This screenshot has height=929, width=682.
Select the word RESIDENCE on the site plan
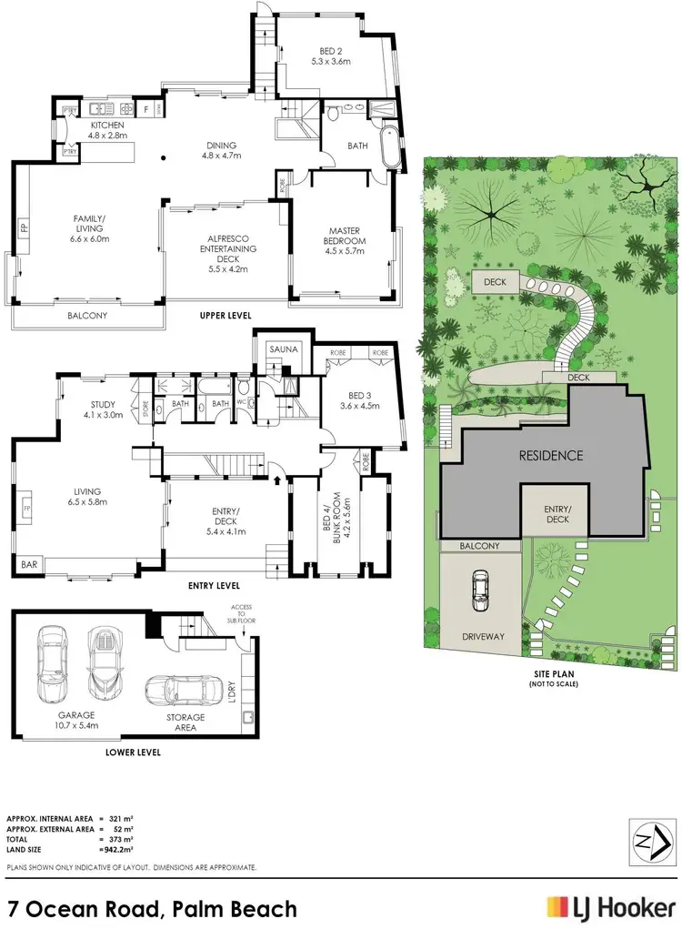(551, 456)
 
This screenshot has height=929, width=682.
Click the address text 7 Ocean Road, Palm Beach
(152, 908)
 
